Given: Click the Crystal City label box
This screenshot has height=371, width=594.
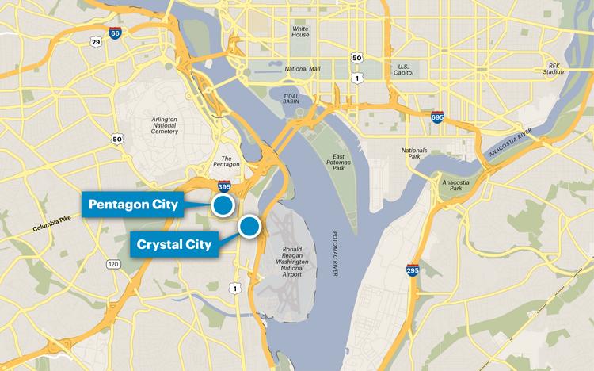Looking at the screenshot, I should pyautogui.click(x=173, y=244).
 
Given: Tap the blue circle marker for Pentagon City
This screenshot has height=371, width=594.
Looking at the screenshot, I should pyautogui.click(x=223, y=206).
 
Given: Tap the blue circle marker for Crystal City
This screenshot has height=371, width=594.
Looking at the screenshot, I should pyautogui.click(x=250, y=227).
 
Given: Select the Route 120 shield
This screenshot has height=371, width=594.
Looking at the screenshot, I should pyautogui.click(x=113, y=264).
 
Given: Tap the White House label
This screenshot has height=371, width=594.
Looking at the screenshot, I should pyautogui.click(x=300, y=31).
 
